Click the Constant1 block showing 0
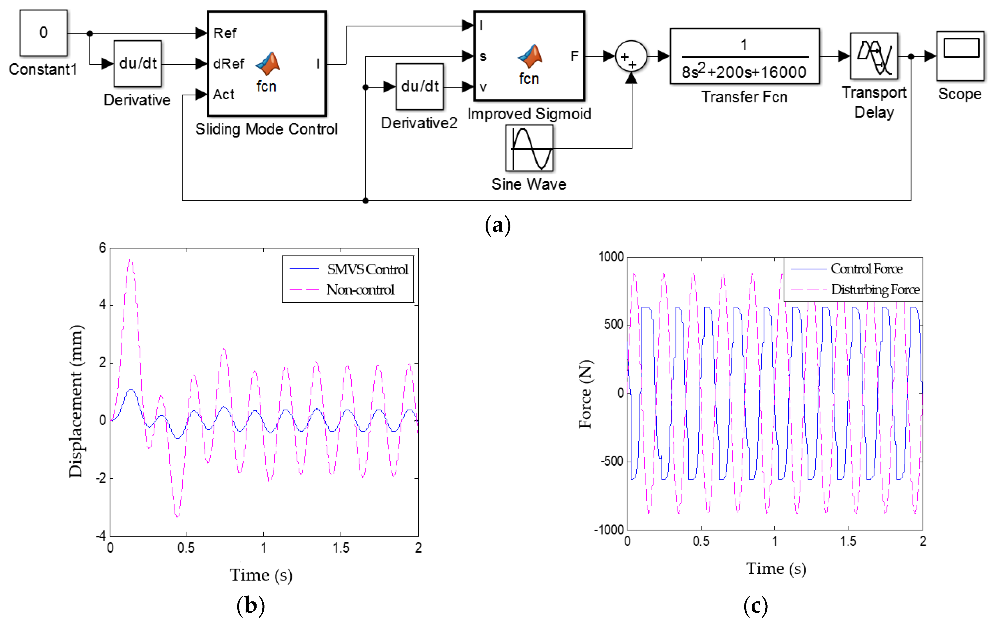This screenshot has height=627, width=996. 43,33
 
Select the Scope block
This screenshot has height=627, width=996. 960,56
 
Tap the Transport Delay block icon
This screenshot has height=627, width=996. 874,56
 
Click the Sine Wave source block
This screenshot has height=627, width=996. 529,148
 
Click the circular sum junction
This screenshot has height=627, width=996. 631,56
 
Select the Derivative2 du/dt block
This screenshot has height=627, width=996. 420,86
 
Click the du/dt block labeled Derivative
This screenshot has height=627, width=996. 137,63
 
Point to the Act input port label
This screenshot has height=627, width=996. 224,95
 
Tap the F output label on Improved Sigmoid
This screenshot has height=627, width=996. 574,56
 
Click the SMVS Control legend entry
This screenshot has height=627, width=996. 367,269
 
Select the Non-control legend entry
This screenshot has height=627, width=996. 360,290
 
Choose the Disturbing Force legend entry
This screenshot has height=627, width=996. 875,290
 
